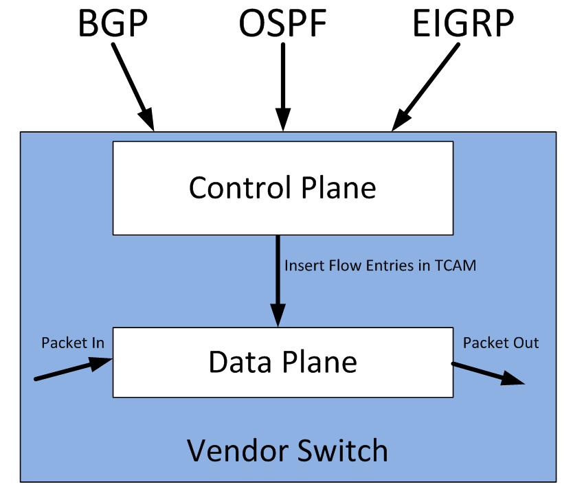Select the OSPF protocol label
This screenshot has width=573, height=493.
(x=282, y=24)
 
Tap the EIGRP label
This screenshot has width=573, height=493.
(x=463, y=24)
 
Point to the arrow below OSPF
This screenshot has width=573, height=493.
(x=281, y=89)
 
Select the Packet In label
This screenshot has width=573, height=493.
(x=72, y=343)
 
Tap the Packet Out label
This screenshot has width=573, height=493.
(x=501, y=343)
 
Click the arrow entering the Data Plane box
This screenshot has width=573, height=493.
(x=72, y=371)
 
